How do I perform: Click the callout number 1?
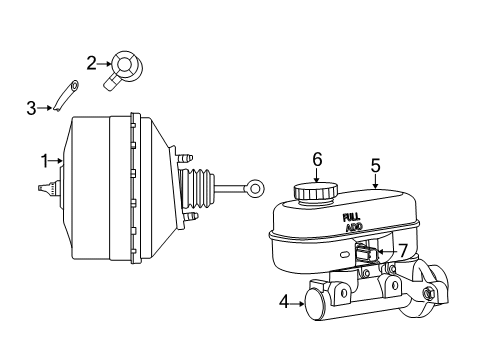[44, 159]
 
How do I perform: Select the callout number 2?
[91, 63]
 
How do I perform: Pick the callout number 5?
[376, 166]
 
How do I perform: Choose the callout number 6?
[317, 159]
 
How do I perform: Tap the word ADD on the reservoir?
[354, 227]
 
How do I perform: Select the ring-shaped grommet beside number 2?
[128, 67]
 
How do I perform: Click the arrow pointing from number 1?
[58, 159]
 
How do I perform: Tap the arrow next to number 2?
[104, 66]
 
